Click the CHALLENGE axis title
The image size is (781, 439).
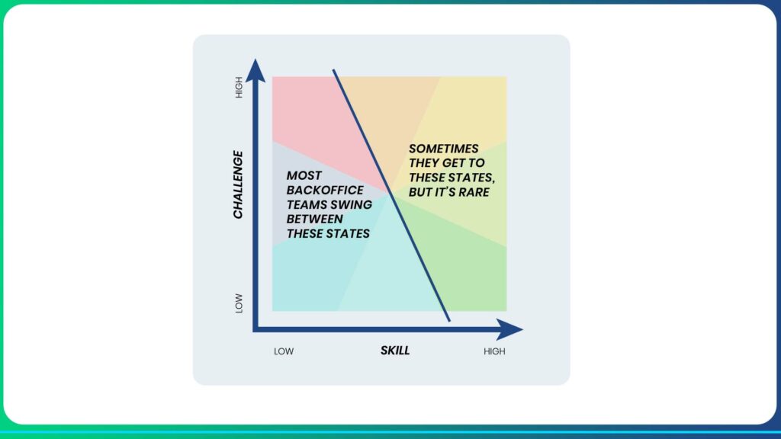point(238,184)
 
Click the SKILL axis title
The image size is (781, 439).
point(395,351)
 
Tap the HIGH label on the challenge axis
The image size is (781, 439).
point(239,87)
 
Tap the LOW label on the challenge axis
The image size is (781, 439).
point(239,303)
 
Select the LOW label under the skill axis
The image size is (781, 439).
point(284,351)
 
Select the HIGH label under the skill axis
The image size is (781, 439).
point(494,351)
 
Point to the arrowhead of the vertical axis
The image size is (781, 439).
point(256,70)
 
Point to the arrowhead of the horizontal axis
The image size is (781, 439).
point(510,329)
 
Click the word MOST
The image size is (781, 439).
point(304,176)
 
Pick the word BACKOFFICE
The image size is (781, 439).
point(325,190)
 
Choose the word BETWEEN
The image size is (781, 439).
point(314,219)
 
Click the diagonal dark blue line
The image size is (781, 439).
point(391,196)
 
